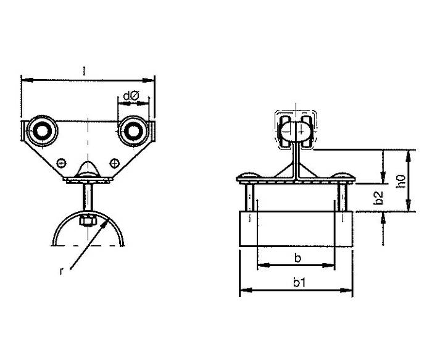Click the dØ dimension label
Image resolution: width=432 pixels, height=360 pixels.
131,96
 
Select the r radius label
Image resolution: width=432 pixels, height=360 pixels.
62,271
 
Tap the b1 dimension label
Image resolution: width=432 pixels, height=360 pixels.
299,283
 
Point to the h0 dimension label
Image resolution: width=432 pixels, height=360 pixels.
401,181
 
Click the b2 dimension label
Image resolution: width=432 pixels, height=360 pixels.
378,198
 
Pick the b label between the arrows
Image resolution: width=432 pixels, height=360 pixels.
298,258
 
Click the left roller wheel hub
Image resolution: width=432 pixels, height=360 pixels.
42,131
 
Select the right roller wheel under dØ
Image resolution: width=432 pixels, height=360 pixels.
133,131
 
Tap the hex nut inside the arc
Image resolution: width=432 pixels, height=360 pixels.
88,221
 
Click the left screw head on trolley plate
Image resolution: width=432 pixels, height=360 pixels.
61,163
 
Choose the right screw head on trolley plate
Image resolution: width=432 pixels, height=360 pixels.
115,163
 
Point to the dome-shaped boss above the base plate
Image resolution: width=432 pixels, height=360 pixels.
88,169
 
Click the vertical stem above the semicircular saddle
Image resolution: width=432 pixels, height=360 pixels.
88,198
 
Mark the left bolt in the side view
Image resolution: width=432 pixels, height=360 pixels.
249,198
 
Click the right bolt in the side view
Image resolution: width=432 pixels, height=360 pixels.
342,198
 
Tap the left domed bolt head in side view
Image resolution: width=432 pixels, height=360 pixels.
250,177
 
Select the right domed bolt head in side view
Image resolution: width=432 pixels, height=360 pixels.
342,177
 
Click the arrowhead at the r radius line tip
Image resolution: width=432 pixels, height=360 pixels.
105,222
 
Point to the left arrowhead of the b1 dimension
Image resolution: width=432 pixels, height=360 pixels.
246,290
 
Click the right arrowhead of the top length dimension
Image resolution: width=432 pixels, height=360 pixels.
148,80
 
